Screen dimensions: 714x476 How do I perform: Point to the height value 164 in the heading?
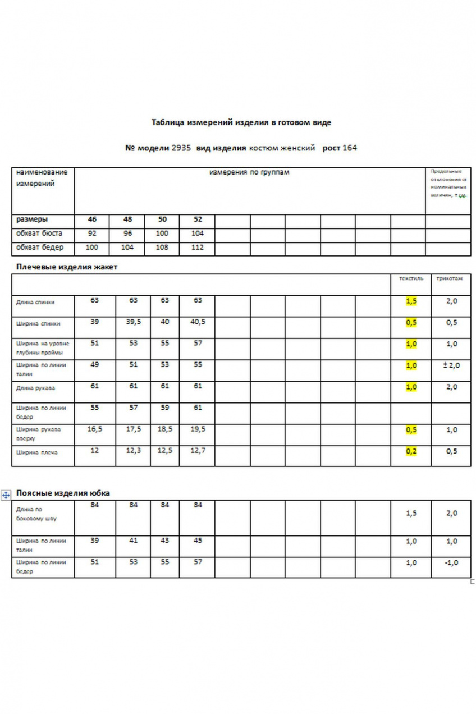(x=350, y=148)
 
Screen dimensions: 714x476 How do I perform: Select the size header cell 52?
(x=197, y=219)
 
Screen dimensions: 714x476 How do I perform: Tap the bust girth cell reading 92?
(x=93, y=234)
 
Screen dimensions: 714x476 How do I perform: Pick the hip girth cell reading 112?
(x=197, y=248)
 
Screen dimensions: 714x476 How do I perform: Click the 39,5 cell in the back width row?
(x=133, y=322)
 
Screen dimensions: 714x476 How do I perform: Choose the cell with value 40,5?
(x=198, y=322)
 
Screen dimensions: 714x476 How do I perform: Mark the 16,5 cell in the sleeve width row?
(x=94, y=429)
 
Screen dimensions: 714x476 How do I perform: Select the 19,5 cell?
(x=198, y=429)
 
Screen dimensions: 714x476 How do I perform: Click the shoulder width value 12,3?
(x=133, y=451)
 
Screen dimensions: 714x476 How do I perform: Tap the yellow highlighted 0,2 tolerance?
(x=411, y=451)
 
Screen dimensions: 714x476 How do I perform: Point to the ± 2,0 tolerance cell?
(x=451, y=365)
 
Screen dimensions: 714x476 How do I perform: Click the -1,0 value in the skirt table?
(x=451, y=563)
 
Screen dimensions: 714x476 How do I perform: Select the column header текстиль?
(x=411, y=278)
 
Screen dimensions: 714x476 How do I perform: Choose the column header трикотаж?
(x=450, y=278)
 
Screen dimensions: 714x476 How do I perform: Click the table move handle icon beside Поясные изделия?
(x=6, y=495)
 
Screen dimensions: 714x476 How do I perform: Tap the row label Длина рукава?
(x=36, y=388)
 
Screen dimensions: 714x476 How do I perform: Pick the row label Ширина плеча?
(x=37, y=452)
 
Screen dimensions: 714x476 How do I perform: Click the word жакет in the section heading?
(x=106, y=267)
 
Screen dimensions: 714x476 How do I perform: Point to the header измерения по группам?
(x=249, y=172)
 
